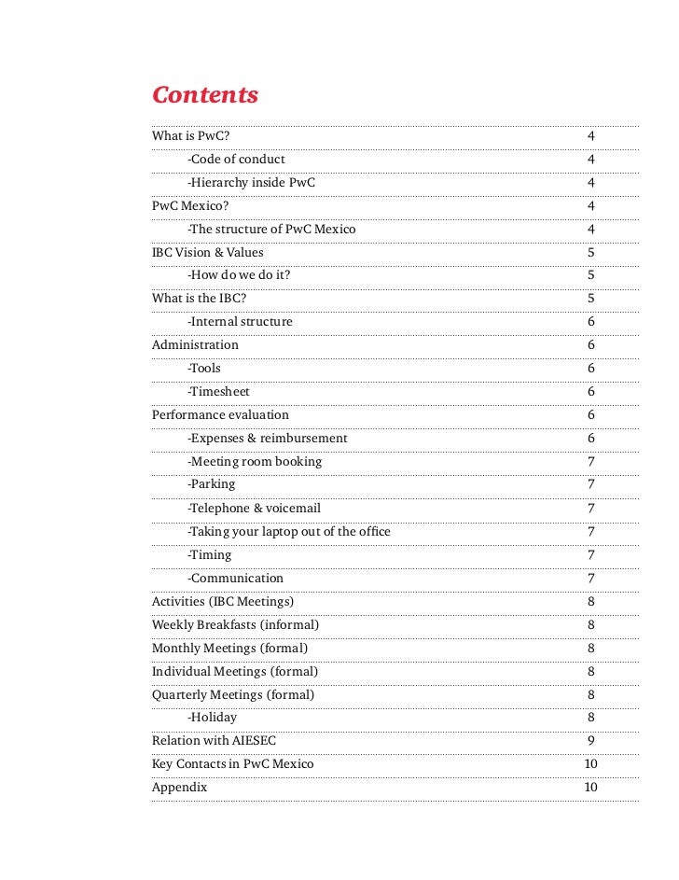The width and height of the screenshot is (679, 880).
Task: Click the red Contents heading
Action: (x=205, y=96)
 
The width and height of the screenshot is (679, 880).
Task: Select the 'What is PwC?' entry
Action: (x=190, y=136)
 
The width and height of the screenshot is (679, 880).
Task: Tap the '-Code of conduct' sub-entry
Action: (x=236, y=160)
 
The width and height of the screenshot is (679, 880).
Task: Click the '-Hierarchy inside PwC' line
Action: (x=251, y=183)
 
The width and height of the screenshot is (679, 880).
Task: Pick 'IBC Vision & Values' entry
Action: (x=207, y=252)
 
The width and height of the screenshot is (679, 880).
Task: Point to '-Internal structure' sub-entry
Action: (x=240, y=322)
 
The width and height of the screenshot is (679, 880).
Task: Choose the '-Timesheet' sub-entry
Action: (x=218, y=392)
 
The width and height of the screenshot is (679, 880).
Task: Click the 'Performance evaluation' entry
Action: (x=220, y=414)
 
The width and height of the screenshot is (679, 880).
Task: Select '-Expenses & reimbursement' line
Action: (x=267, y=438)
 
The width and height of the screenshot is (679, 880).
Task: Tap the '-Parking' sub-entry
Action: (x=211, y=484)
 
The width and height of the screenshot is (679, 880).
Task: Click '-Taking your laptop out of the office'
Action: (x=288, y=531)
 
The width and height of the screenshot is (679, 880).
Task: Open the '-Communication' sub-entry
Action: (x=235, y=578)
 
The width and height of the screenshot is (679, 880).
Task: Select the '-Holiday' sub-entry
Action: (x=212, y=718)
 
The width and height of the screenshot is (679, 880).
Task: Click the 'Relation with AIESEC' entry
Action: (x=214, y=741)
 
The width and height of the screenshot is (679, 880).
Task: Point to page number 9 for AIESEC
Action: (x=591, y=741)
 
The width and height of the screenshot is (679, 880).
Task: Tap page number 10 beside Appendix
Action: (x=591, y=788)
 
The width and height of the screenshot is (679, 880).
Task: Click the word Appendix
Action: (x=179, y=788)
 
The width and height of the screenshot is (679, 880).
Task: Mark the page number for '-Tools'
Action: (x=591, y=369)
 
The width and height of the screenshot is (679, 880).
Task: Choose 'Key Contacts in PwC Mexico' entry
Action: (x=232, y=764)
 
